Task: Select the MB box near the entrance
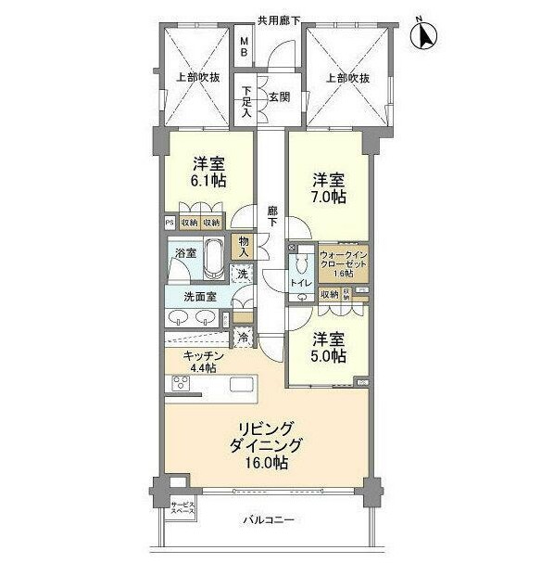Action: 244,47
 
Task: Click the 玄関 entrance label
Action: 280,96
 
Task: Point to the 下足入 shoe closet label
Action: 246,101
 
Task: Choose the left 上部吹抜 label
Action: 195,79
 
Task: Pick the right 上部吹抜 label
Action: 347,79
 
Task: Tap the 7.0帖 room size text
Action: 329,197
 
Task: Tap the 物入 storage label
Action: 245,246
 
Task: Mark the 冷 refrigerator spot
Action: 244,338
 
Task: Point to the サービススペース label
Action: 182,509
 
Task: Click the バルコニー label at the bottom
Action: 269,521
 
